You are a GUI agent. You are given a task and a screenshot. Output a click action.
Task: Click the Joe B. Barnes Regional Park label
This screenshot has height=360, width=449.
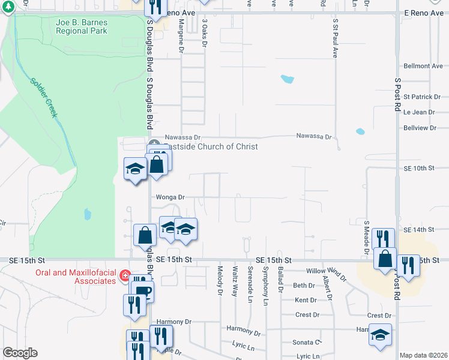pos(81,26)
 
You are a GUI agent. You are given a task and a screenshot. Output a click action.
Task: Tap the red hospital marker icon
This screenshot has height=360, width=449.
pos(125,276)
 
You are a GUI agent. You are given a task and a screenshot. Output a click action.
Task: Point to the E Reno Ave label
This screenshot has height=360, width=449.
pos(423,13)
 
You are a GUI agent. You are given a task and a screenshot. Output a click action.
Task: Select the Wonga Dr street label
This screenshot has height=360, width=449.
pos(170,197)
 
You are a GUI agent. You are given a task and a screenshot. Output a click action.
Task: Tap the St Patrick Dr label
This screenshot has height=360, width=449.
pos(421,97)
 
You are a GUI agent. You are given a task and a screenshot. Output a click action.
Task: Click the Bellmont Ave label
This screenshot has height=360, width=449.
pos(423,66)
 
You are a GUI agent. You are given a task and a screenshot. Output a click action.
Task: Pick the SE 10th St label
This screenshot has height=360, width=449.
pos(419,169)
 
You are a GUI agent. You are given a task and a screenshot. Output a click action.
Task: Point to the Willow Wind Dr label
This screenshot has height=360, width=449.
pos(326,275)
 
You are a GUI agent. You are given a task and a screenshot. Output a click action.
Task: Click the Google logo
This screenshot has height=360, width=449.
pos(20,353)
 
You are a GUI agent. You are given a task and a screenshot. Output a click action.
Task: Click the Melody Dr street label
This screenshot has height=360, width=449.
pos(220,281)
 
